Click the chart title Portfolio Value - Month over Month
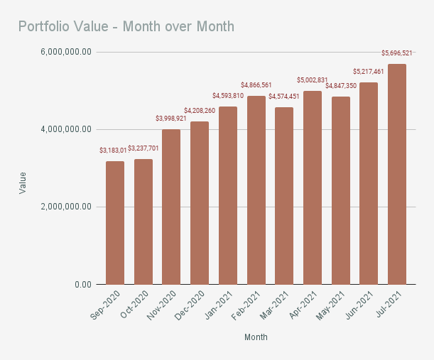pos(126,27)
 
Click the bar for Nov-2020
pos(171,207)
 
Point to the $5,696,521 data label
pos(397,53)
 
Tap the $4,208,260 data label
pos(200,111)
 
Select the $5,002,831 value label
pos(313,80)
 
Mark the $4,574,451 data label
pos(284,97)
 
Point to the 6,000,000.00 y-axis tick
pos(67,53)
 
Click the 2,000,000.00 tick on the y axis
pos(67,207)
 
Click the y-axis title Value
pos(23,182)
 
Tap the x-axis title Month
pos(256,337)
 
